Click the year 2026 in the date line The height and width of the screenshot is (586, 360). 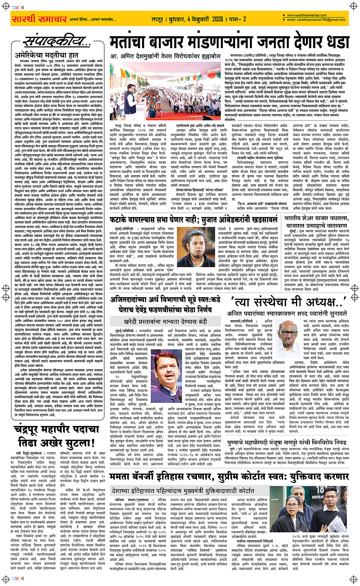pos(218,19)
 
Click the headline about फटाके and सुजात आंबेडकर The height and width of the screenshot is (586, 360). pos(195,220)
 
